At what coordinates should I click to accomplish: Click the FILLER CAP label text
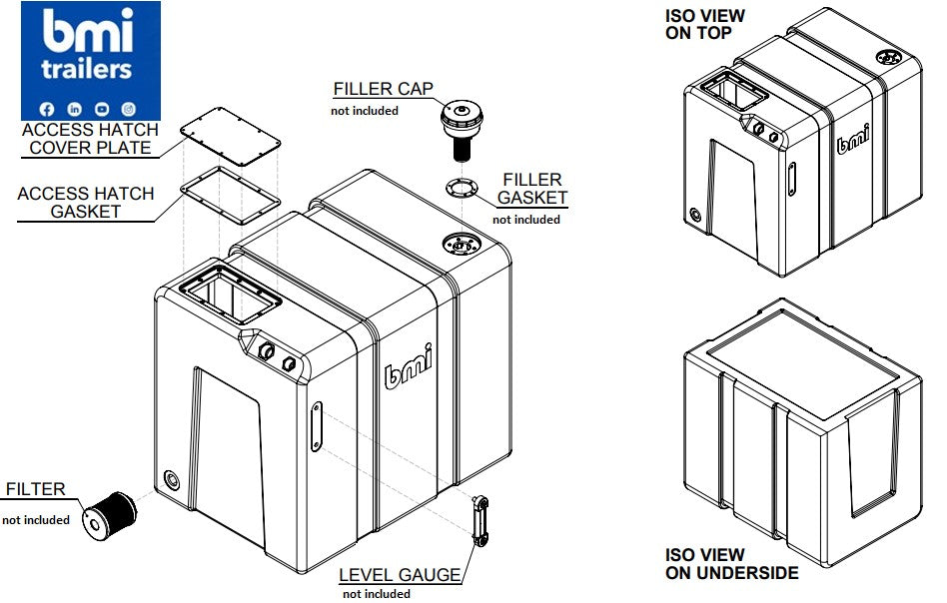coord(384,89)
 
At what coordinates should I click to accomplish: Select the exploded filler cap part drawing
coord(462,125)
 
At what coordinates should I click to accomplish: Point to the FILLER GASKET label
coord(532,189)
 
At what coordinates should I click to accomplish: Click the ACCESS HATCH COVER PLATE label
coord(89,139)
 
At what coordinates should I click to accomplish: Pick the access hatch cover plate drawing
coord(232,132)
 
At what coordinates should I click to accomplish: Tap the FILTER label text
coord(35,489)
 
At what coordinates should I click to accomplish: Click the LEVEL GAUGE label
coord(400,575)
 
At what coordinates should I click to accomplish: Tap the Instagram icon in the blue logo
coord(129,108)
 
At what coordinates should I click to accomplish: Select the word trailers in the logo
coord(87,69)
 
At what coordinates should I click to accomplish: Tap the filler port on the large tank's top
coord(462,243)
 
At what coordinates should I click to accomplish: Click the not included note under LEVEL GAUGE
coord(376,594)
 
